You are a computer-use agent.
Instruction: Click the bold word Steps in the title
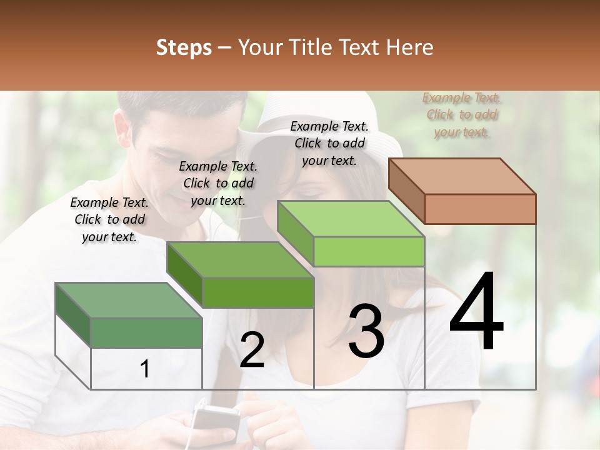pos(184,47)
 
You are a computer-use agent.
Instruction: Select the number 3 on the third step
pos(366,331)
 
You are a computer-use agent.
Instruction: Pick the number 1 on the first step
pos(145,369)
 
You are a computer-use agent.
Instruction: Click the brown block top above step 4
pos(461,176)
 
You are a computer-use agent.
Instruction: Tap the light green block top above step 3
pos(350,219)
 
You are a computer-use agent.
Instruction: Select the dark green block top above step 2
pos(240,259)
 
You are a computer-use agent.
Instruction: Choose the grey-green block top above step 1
pos(129,299)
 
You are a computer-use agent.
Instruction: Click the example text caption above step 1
pos(109,219)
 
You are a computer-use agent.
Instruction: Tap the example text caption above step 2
pos(218,183)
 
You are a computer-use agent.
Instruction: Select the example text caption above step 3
pos(329,143)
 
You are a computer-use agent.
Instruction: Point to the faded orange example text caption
pos(462,115)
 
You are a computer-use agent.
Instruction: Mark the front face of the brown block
pos(480,209)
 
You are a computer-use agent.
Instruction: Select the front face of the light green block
pos(369,252)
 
